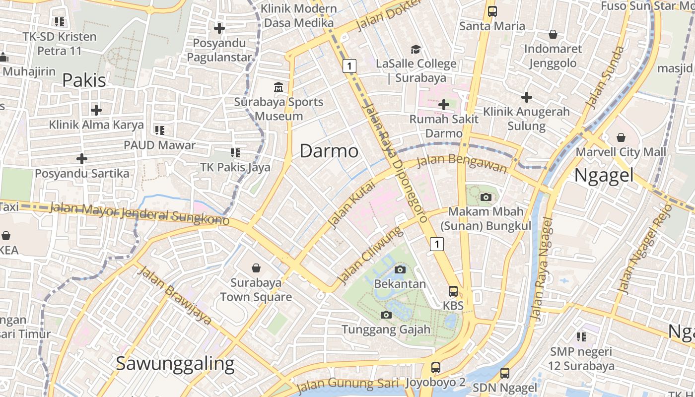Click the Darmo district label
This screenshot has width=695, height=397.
point(329,151)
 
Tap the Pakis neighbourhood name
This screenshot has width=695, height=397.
point(84,80)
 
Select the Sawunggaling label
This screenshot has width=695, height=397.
point(175,364)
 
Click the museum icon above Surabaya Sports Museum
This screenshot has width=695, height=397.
point(278,88)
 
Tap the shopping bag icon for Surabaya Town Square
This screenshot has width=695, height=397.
point(256,268)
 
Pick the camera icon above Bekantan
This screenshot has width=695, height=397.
point(400,269)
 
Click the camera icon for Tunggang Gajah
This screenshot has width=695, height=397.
point(386,315)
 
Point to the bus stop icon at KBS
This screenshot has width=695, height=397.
point(453,291)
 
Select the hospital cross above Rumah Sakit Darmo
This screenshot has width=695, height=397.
point(444,105)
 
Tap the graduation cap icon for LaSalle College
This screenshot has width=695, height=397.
point(416,49)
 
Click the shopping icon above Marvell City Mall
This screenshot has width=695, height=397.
point(621,137)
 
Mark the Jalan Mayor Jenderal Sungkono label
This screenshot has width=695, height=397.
point(139,212)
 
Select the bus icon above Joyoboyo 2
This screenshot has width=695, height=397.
point(435,368)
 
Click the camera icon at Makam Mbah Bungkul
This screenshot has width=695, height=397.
point(486,198)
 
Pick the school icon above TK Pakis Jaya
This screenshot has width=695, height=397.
point(235,153)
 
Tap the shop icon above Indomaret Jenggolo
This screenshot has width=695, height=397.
point(553,35)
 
